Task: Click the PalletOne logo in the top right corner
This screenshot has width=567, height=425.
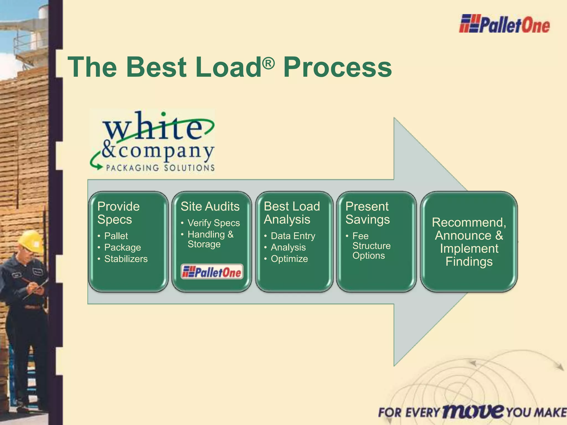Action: coord(504,24)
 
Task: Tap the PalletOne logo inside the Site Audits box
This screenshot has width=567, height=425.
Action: coord(212,272)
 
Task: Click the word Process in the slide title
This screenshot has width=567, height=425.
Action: coord(337,67)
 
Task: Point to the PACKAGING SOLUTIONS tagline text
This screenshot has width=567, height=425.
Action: coord(160,168)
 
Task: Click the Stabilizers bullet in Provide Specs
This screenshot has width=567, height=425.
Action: coord(126,259)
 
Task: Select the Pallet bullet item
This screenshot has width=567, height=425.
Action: coord(116,236)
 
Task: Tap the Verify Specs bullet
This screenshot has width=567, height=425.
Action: coord(213,223)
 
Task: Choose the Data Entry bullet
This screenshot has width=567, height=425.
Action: coord(293,236)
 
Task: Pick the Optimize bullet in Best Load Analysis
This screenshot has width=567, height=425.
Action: coord(289,259)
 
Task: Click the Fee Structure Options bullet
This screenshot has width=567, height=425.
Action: coord(371,246)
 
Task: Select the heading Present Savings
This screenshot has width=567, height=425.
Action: coord(367,213)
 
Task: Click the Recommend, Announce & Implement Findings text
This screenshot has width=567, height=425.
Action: coord(469,242)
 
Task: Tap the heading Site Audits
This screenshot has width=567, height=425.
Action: coord(210,207)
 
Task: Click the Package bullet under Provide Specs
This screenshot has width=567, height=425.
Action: coord(122,247)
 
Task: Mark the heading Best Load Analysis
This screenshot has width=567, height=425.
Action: coord(292,213)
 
